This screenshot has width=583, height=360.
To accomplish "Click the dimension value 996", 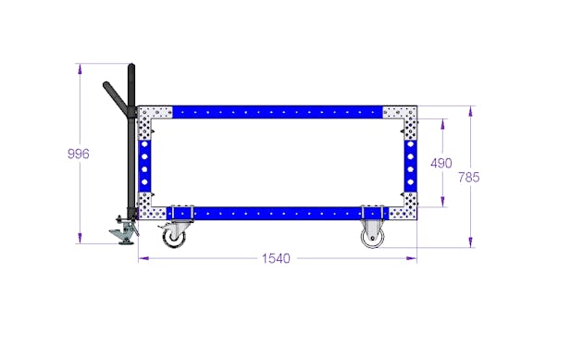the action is pos(79,154).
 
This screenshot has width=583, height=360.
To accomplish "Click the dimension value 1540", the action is pos(276,258).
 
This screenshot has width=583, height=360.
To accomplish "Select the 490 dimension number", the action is pos(441,163).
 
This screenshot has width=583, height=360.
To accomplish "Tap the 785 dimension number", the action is pos(469,177).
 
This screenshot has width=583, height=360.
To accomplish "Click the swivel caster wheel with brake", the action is pos(174,236).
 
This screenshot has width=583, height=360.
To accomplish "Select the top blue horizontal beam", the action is pos(278,112).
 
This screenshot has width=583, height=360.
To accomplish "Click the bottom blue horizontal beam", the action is pos(278,214).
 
